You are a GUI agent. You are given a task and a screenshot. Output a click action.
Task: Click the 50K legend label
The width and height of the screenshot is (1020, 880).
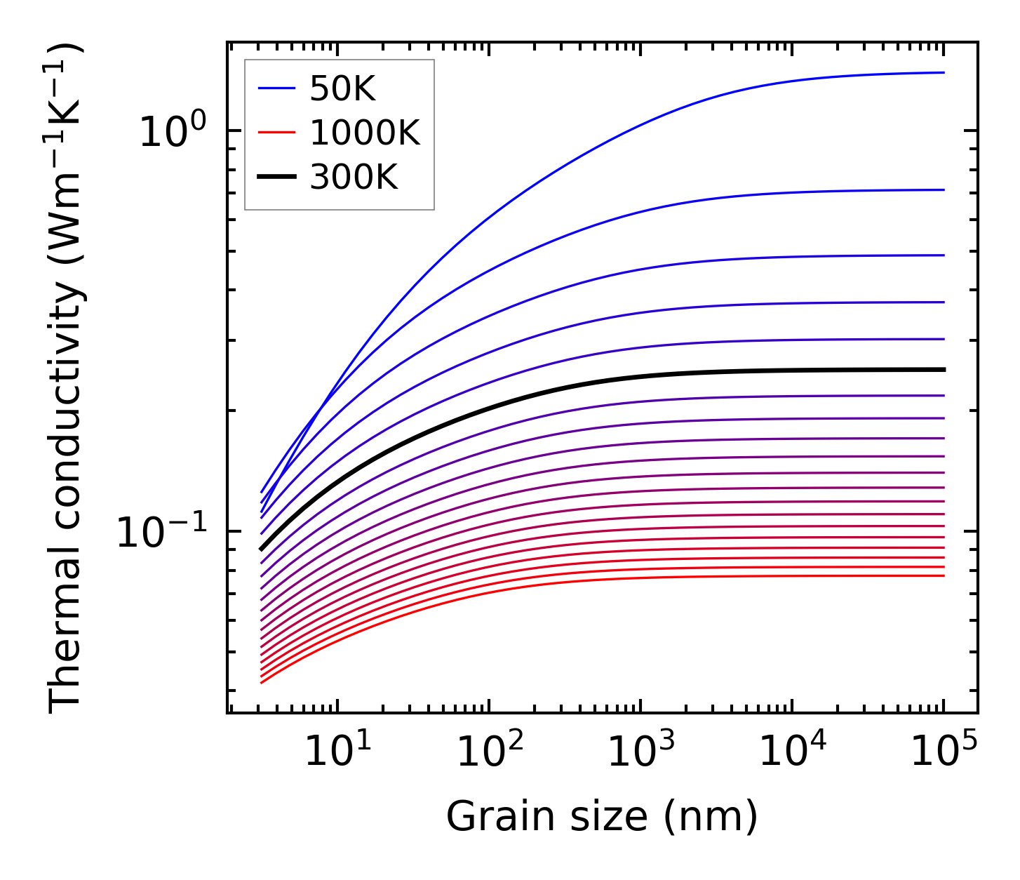[x=342, y=89]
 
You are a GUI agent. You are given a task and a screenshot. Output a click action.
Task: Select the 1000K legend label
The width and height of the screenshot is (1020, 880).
[x=365, y=133]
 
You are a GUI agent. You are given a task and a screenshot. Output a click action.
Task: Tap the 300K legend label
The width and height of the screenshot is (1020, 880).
[x=354, y=177]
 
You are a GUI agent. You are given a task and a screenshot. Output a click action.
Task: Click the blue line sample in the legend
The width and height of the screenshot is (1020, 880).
[x=276, y=88]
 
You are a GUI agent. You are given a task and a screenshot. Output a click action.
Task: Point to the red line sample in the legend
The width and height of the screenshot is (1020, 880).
[x=276, y=133]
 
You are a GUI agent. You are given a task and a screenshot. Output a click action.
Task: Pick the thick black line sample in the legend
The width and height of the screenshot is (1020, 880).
[x=276, y=177]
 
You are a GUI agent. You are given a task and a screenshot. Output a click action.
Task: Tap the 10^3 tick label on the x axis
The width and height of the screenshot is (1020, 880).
[x=640, y=752]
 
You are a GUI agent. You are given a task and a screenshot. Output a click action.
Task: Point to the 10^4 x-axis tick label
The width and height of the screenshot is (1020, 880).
[x=793, y=752]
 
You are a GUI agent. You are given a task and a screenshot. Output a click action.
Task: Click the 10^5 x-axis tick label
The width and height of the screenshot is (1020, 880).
[x=944, y=752]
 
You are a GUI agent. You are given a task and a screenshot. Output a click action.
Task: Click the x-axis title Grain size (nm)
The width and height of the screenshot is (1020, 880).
[x=602, y=817]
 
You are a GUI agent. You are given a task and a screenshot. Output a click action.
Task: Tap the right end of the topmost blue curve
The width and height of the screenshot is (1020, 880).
[x=943, y=72]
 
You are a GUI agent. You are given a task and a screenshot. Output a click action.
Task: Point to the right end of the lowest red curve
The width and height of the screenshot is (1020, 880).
[x=943, y=576]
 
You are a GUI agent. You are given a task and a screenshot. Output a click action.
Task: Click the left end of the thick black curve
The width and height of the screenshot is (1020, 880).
[x=262, y=549]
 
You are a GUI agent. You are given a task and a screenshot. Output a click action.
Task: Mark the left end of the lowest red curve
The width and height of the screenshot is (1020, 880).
[x=262, y=682]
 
